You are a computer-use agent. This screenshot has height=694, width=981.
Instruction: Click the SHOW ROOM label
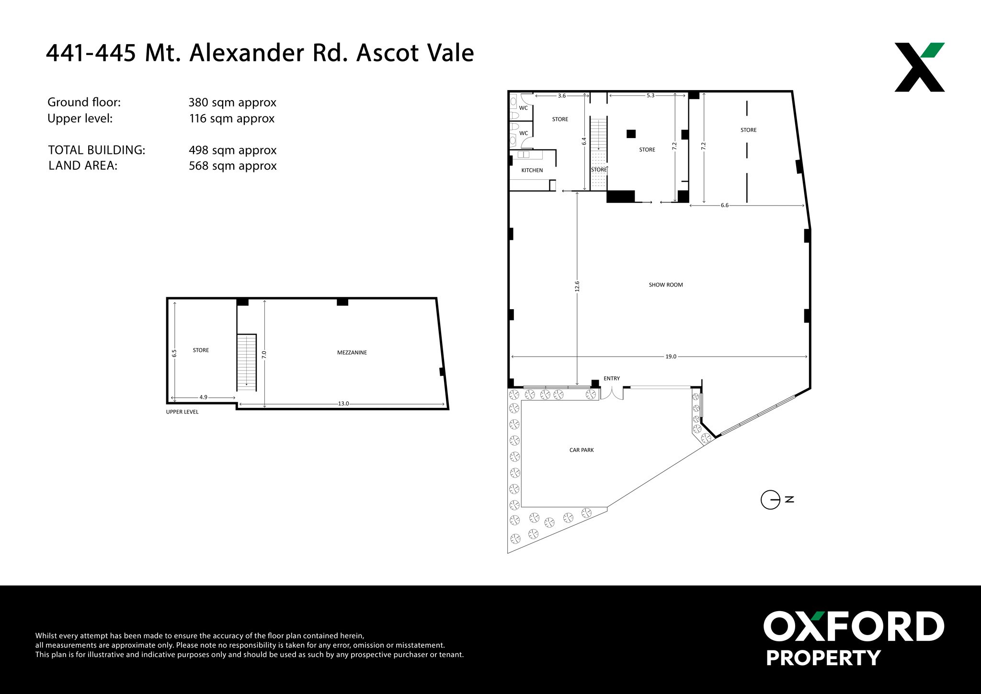pos(666,285)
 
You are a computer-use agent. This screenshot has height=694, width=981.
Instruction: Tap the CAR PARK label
pos(582,450)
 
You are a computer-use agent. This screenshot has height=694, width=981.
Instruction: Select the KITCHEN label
pos(532,170)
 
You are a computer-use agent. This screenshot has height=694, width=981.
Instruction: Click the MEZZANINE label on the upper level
pos(352,352)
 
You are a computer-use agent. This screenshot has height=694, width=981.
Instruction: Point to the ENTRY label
pos(612,379)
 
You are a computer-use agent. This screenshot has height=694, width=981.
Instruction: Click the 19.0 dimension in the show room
pos(671,357)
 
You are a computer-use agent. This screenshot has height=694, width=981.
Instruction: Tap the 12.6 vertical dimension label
pos(577,286)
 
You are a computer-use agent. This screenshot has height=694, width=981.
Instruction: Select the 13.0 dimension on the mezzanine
pos(343,404)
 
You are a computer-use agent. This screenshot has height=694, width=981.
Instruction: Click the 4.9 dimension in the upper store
pos(204,397)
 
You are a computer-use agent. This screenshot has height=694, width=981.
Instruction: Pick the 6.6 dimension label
pos(725,205)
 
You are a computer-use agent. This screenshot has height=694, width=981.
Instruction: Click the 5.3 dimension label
pos(650,95)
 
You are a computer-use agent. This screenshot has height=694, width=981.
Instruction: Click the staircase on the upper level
pos(247,362)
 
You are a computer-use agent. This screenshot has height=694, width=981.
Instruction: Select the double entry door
pos(612,393)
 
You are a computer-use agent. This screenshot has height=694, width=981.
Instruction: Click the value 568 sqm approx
pos(233,166)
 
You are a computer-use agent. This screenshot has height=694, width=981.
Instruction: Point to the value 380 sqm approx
pos(232,103)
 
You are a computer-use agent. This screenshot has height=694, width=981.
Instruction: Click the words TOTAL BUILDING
pos(97,150)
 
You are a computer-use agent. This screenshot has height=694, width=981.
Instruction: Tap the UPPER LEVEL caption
pos(182,412)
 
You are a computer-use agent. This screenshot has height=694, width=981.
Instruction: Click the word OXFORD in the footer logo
pos(854,626)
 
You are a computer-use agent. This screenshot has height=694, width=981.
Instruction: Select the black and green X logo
pos(920,67)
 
